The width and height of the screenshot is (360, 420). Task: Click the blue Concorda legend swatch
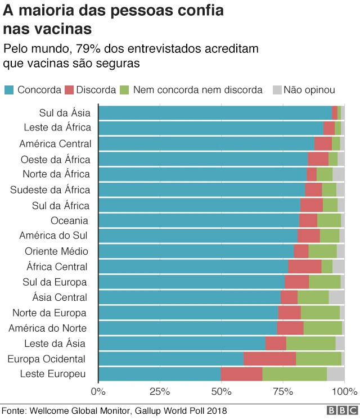9,90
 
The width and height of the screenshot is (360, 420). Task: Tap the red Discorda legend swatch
70,90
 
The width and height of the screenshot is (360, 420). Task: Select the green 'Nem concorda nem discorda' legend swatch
125,90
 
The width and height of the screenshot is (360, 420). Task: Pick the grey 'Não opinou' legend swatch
277,90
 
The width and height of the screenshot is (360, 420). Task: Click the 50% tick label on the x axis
221,391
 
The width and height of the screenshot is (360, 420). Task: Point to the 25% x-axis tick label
160,391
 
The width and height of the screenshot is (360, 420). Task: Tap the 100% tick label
343,391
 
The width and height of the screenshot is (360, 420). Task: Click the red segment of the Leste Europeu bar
241,374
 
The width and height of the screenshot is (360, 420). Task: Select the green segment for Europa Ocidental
318,359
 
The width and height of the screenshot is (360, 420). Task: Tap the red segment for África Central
304,266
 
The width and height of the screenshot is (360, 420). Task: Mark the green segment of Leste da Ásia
310,343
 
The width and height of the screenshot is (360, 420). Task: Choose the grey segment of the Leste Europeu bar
336,374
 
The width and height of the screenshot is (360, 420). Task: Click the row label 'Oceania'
69,220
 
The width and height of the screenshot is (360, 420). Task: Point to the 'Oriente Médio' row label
56,251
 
